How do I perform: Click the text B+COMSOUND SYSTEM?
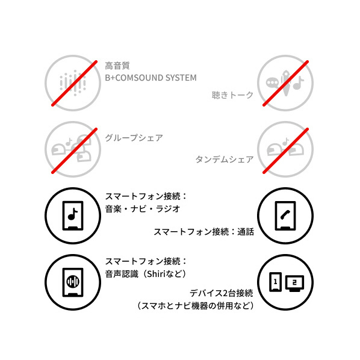(x=151, y=78)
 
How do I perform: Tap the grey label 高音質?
(x=117, y=66)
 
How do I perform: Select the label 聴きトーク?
(x=232, y=95)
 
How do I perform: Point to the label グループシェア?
(x=134, y=138)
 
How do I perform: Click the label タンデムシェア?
(x=225, y=159)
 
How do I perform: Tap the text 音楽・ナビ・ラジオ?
(x=143, y=209)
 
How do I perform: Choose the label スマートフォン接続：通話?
(x=204, y=231)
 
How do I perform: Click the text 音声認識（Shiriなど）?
(x=146, y=274)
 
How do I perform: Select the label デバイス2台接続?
(x=222, y=293)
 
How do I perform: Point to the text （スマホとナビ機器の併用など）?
(x=196, y=306)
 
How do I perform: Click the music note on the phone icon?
(x=73, y=214)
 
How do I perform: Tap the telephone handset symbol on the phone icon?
(x=285, y=215)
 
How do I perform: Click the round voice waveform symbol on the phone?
(x=73, y=281)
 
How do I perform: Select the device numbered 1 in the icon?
(x=275, y=282)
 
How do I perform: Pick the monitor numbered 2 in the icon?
(x=294, y=284)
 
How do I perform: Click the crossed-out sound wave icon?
(x=73, y=83)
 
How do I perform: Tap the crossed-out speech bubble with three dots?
(x=272, y=82)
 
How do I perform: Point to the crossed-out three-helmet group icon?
(x=73, y=149)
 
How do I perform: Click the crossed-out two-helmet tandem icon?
(x=285, y=149)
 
